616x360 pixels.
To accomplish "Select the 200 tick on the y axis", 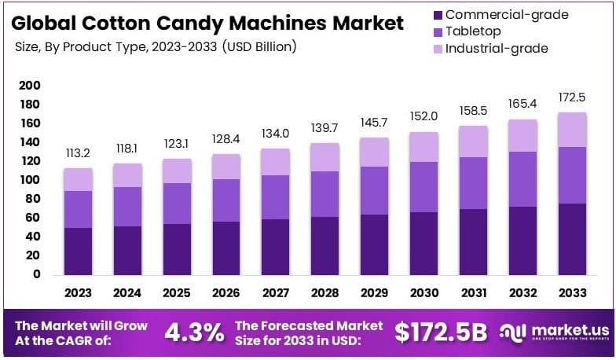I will (x=29, y=85).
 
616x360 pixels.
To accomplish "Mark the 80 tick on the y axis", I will (x=32, y=199).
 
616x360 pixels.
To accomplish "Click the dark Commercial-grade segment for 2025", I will (x=176, y=249).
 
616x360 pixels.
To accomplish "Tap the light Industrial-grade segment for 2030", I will (x=423, y=147).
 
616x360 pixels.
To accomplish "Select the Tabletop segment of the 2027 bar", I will (x=276, y=197).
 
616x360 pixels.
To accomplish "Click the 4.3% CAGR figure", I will (x=194, y=332).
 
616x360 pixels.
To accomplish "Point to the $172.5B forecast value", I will (x=442, y=332).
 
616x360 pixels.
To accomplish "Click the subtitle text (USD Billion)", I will (x=259, y=47).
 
